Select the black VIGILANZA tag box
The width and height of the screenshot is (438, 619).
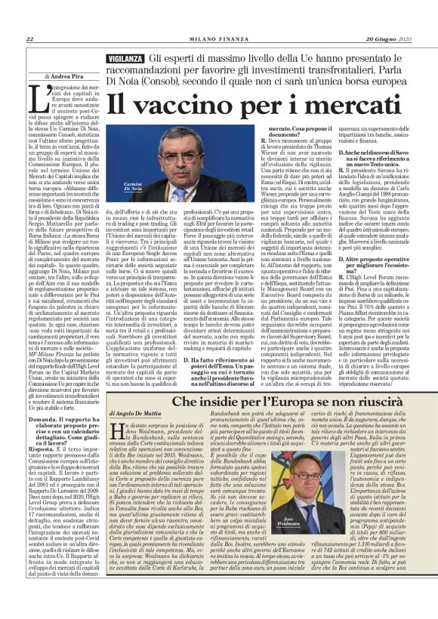click(125, 58)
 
